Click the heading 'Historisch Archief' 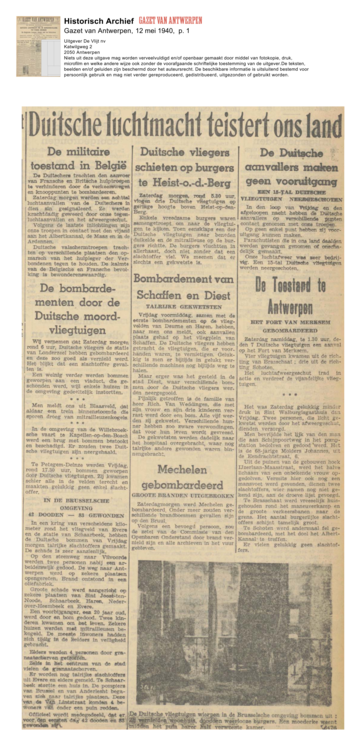(x=96, y=8)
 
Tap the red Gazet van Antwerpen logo (x=168, y=8)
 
